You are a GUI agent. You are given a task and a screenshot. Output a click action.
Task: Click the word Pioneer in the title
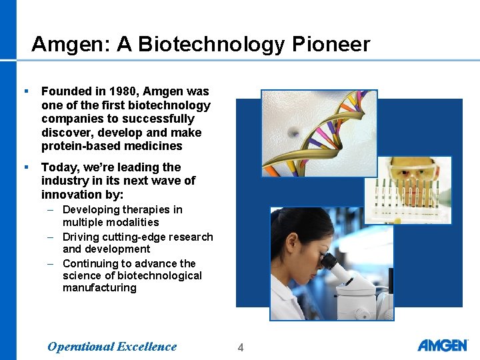[x=331, y=45]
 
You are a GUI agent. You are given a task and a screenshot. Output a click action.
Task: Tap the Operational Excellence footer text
[x=112, y=346]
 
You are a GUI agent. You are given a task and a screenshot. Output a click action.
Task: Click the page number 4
[x=241, y=347]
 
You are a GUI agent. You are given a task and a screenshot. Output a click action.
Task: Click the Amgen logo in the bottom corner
[x=443, y=345]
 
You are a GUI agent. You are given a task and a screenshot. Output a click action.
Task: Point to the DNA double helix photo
[x=319, y=133]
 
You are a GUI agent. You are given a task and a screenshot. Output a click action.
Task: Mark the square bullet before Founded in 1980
[x=25, y=91]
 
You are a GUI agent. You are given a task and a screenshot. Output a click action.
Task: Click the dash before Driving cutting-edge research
[x=51, y=237]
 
